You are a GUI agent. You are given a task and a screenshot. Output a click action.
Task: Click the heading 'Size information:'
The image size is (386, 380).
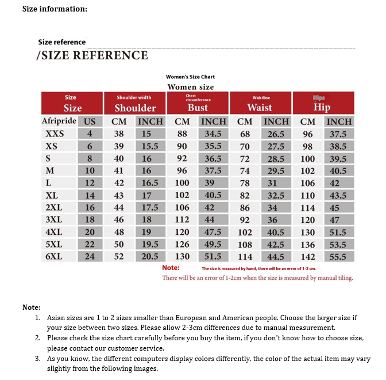tap(55, 9)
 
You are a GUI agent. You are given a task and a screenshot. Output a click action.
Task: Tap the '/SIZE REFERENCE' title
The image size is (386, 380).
tap(92, 55)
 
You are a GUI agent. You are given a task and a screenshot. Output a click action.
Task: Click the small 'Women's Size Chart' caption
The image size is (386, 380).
tap(190, 77)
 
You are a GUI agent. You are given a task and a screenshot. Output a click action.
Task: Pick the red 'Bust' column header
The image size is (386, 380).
tap(198, 103)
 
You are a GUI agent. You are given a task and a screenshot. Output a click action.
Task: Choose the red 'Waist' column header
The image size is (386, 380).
tap(260, 103)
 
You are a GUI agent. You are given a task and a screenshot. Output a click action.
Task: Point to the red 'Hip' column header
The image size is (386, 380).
tap(322, 103)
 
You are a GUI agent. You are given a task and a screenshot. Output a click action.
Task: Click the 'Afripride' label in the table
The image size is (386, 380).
tap(59, 121)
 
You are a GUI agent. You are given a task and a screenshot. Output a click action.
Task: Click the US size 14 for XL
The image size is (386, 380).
tap(90, 195)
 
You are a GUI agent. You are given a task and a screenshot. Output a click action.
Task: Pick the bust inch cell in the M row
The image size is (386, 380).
tap(213, 170)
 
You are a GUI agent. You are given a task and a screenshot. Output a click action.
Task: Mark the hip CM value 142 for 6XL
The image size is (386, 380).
tap(308, 257)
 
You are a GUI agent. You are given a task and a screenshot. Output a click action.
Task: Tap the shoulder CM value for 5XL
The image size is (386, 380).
tap(119, 245)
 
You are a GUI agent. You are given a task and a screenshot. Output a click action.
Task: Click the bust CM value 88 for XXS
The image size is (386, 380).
tap(182, 134)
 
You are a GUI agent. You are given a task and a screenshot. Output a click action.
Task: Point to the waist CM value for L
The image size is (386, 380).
tap(245, 183)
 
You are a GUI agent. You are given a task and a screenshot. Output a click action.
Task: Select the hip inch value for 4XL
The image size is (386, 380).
tap(338, 233)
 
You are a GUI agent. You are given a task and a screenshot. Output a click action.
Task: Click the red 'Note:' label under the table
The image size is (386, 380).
tap(171, 268)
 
